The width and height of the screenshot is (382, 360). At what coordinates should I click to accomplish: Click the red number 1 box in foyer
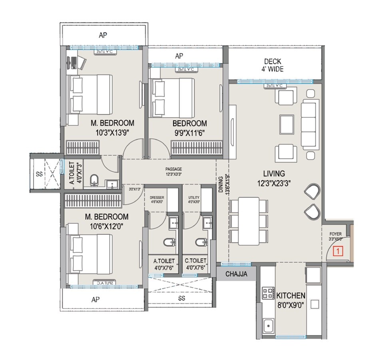click(338, 252)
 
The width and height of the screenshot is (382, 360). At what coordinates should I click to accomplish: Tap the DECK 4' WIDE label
click(273, 65)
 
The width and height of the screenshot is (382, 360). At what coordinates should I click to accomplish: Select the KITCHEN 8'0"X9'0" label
click(291, 299)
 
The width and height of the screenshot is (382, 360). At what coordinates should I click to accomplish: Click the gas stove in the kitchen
click(267, 294)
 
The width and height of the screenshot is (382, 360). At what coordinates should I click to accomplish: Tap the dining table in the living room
click(249, 221)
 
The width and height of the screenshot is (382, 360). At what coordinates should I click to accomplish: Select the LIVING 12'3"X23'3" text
click(274, 178)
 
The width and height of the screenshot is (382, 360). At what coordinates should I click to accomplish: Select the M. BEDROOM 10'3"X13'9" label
click(106, 127)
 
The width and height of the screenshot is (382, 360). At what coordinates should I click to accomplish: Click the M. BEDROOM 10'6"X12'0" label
click(106, 221)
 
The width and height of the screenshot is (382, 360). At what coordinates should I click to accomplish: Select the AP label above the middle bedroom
click(179, 56)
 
